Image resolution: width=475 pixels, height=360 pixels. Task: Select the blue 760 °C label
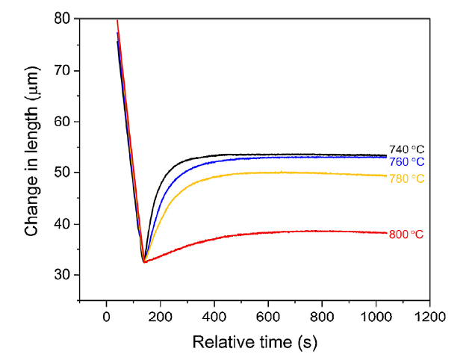[406, 162]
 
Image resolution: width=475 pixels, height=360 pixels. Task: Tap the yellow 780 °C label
[406, 179]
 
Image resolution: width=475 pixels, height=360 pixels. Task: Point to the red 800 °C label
[406, 235]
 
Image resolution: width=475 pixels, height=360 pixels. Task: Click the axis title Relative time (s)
[254, 342]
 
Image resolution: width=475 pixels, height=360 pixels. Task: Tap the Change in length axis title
[31, 161]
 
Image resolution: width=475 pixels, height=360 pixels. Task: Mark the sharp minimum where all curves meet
[143, 261]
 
